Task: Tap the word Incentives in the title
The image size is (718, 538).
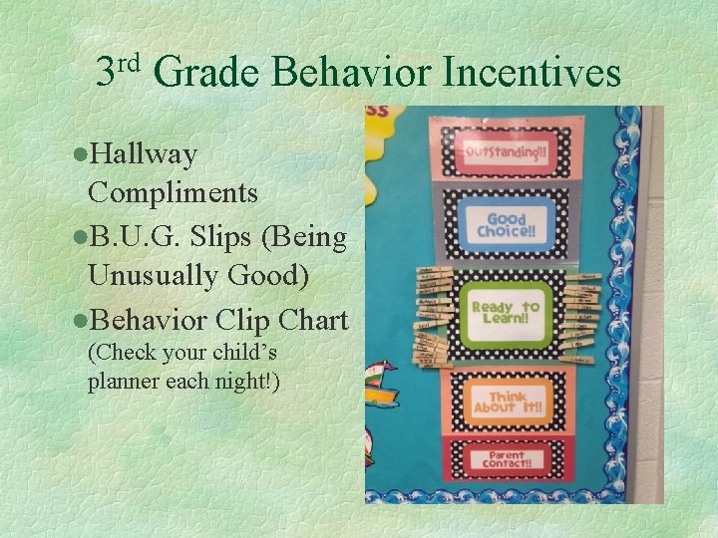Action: click(x=531, y=73)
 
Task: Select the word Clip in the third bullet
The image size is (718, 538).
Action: click(x=248, y=321)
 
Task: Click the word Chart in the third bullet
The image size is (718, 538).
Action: click(x=313, y=321)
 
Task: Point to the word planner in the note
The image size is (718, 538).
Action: click(x=122, y=380)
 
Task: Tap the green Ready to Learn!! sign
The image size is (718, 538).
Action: click(x=506, y=314)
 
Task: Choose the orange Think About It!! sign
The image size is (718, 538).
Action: click(x=506, y=401)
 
